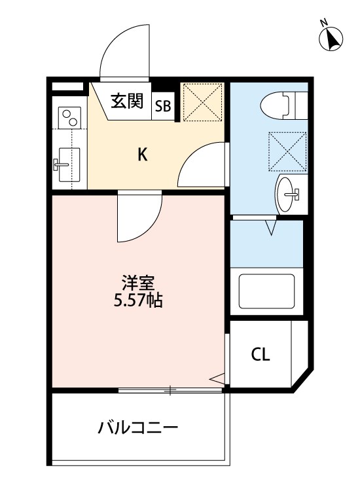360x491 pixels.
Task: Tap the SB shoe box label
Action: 164,107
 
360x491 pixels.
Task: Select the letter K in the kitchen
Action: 142,155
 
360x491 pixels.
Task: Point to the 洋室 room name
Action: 138,285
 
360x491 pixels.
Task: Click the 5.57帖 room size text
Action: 138,302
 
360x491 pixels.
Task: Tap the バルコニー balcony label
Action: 138,429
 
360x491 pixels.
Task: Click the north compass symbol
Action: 331,39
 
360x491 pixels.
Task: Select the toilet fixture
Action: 280,105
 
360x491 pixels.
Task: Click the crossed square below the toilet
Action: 286,148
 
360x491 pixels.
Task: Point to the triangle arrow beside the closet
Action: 219,377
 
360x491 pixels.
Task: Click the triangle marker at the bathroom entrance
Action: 272,228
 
